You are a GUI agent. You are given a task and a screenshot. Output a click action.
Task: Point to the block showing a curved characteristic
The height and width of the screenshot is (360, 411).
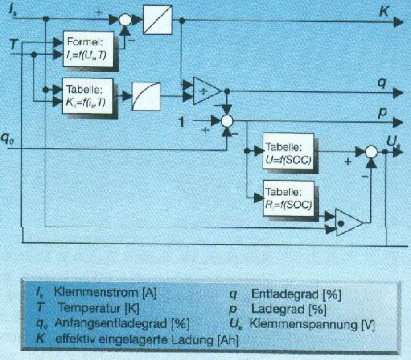pos(147,92)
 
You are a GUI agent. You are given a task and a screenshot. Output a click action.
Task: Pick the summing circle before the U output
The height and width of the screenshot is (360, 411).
pos(371,152)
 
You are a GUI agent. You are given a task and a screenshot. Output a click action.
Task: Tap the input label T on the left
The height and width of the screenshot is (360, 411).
pos(12,44)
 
